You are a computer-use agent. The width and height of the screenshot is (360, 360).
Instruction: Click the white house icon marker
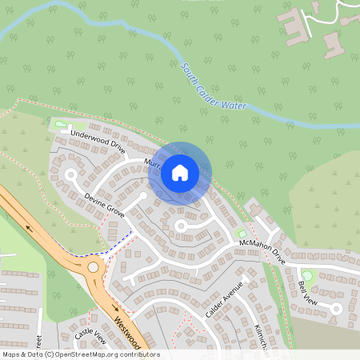(x=180, y=172)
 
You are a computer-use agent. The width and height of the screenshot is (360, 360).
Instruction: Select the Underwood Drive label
(x=98, y=140)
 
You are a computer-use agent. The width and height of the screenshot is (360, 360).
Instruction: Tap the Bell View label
(x=307, y=292)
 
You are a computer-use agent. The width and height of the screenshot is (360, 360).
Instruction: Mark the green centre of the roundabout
(x=94, y=267)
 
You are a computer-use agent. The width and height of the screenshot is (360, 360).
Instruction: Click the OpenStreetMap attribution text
(x=81, y=354)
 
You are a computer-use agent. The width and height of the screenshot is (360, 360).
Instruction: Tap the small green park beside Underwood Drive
(x=60, y=125)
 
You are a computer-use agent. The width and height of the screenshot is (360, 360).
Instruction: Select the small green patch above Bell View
(x=307, y=276)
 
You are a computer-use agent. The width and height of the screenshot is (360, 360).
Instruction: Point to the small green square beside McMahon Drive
(x=242, y=234)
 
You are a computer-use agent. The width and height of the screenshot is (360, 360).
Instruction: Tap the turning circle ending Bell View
(x=337, y=308)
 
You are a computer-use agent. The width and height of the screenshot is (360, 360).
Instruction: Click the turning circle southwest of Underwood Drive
(x=70, y=174)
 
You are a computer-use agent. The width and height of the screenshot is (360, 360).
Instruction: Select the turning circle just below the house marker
(x=181, y=227)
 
